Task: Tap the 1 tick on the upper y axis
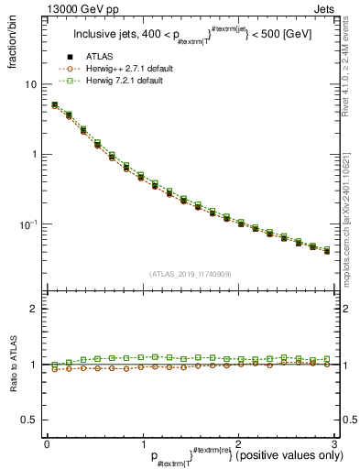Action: pyautogui.click(x=35, y=154)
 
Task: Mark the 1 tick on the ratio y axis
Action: pyautogui.click(x=34, y=365)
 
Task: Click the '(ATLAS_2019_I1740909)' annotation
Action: pyautogui.click(x=190, y=274)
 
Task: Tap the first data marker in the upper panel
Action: pyautogui.click(x=54, y=105)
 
